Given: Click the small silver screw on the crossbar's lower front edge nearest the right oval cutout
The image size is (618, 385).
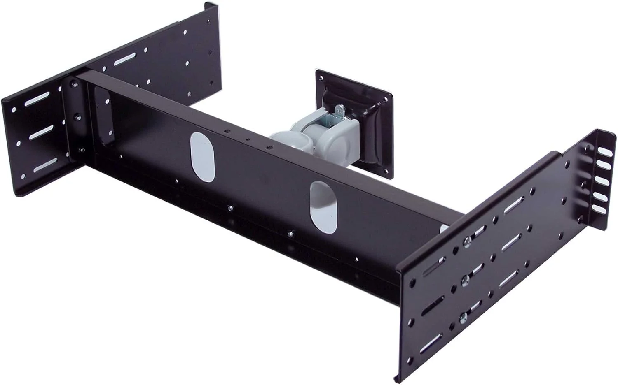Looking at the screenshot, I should pos(291,234).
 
